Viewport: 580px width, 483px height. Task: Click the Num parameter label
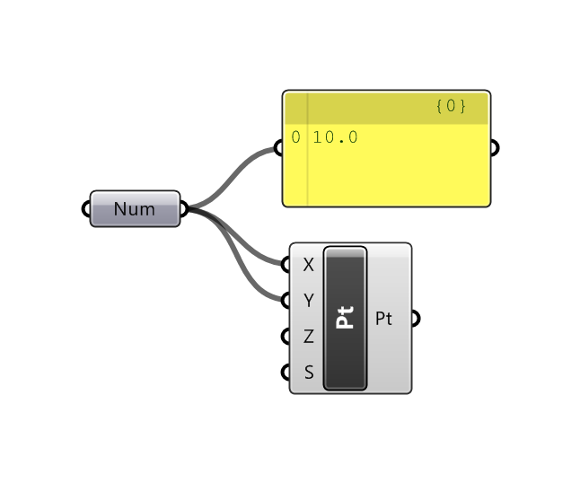[x=135, y=209]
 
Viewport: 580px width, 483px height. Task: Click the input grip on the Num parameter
[x=88, y=209]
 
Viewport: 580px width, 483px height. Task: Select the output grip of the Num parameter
[x=183, y=209]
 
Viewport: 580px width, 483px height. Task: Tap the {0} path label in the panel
[x=451, y=106]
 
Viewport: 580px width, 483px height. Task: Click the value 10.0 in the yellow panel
[x=336, y=137]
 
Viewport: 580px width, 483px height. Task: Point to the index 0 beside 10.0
[x=296, y=137]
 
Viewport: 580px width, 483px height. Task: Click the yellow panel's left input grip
[x=281, y=148]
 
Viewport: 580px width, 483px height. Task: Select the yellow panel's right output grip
[x=493, y=148]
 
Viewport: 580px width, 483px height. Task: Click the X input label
[x=309, y=265]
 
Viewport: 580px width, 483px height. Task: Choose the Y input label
[x=309, y=300]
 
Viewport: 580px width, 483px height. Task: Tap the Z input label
[x=309, y=337]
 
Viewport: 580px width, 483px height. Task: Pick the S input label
[x=309, y=372]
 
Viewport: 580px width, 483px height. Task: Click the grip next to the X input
[x=287, y=265]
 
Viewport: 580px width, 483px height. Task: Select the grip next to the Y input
[x=287, y=300]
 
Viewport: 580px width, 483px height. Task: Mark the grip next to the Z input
[x=287, y=337]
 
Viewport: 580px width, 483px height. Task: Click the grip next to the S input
[x=287, y=372]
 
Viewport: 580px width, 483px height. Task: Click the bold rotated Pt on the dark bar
[x=345, y=318]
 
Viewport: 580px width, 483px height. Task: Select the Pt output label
[x=383, y=319]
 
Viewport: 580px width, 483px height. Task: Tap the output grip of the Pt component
[x=414, y=318]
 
